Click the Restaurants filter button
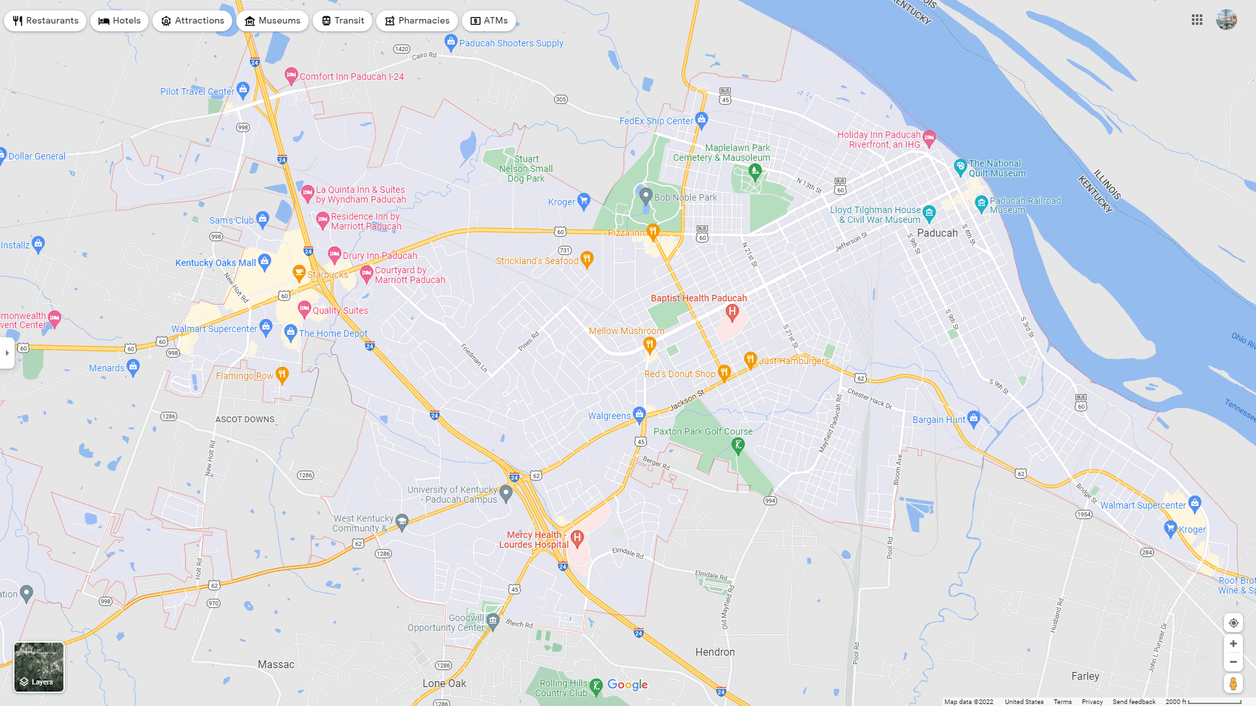coord(45,21)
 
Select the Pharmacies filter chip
coord(417,21)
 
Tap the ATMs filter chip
coord(489,21)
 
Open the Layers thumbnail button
coord(39,667)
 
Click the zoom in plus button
coord(1233,644)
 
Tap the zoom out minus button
coord(1233,662)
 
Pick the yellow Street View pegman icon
coord(1233,684)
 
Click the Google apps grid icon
coord(1197,20)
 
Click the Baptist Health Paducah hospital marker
coord(732,312)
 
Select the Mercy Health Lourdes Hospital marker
coord(576,538)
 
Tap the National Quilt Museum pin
coord(960,167)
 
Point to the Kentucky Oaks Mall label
coord(215,263)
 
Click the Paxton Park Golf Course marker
coord(738,445)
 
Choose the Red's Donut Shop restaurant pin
coord(724,373)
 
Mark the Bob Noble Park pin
coord(646,195)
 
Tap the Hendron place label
coord(714,652)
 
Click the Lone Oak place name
coord(444,683)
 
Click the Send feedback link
coord(1134,701)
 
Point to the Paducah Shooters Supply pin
coord(451,42)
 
